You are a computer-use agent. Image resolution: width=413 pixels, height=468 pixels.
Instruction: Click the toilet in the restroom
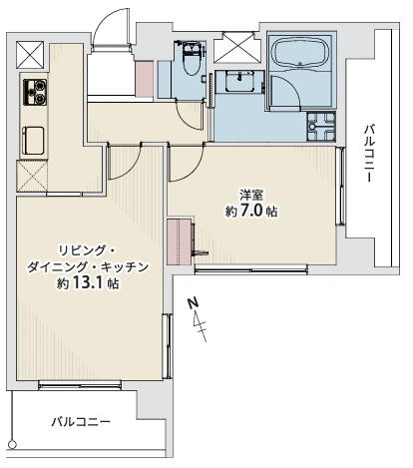coord(192,59)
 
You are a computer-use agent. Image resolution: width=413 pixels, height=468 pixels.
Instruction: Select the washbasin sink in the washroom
coord(239,82)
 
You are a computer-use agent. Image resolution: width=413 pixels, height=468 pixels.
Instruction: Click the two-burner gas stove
coord(35,92)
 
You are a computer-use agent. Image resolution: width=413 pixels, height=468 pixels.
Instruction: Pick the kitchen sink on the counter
coord(34,141)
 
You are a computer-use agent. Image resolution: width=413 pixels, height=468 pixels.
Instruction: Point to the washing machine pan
coord(321,127)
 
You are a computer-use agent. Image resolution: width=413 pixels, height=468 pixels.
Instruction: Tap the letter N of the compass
coord(193,303)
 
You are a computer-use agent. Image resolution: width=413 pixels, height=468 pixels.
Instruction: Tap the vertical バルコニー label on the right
coord(369,153)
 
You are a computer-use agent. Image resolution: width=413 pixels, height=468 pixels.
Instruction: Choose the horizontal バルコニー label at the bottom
coord(81,422)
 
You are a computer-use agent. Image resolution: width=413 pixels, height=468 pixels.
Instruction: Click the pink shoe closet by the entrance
coord(145,79)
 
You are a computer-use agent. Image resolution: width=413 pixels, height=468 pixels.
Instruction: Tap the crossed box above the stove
coord(30,55)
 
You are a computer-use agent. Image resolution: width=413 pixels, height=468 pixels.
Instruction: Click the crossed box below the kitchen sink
coord(32,177)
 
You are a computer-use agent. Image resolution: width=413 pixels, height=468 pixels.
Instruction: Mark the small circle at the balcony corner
coord(13,444)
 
